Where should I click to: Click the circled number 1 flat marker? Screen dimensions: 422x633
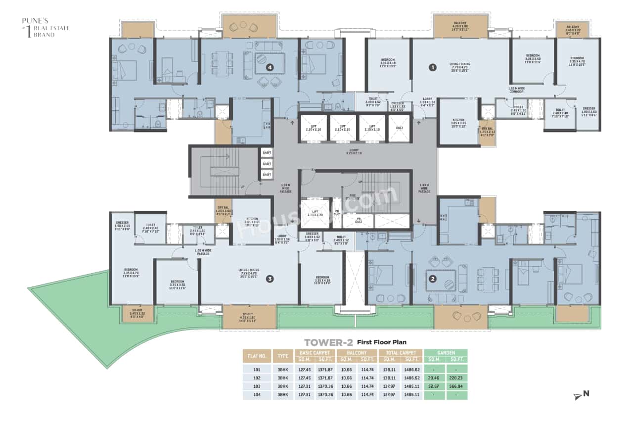pos(432,67)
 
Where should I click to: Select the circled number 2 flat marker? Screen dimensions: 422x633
pos(433,279)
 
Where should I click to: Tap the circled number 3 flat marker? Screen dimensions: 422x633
pos(270,279)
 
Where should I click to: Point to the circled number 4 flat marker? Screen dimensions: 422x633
pos(270,67)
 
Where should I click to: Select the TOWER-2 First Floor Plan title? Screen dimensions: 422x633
pos(355,342)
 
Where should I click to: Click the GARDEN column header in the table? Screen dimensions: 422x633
pos(446,353)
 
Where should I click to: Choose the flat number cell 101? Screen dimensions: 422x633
pos(257,369)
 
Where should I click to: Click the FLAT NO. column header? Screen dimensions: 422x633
pos(257,356)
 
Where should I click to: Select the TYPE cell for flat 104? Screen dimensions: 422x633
pos(282,395)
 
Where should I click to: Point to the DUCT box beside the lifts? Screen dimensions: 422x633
pos(399,128)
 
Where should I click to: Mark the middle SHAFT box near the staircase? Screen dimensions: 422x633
pos(267,164)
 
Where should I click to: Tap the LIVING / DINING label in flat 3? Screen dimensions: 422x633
pos(249,271)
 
